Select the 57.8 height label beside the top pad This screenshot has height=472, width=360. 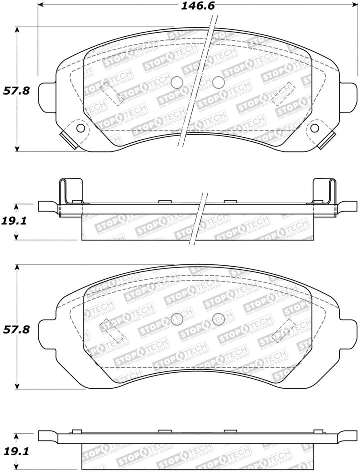click(17, 91)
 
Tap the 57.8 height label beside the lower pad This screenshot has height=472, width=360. click(17, 329)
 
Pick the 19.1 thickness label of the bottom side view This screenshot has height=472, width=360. click(17, 451)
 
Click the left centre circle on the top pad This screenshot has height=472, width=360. click(177, 82)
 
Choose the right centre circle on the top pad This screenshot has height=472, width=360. click(218, 82)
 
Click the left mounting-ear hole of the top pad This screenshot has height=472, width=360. click(80, 128)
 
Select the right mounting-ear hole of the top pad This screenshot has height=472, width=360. click(314, 128)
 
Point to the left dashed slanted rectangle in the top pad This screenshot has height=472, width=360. click(112, 94)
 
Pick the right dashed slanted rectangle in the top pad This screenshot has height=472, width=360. click(283, 94)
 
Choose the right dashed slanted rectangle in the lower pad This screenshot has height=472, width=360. click(283, 331)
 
